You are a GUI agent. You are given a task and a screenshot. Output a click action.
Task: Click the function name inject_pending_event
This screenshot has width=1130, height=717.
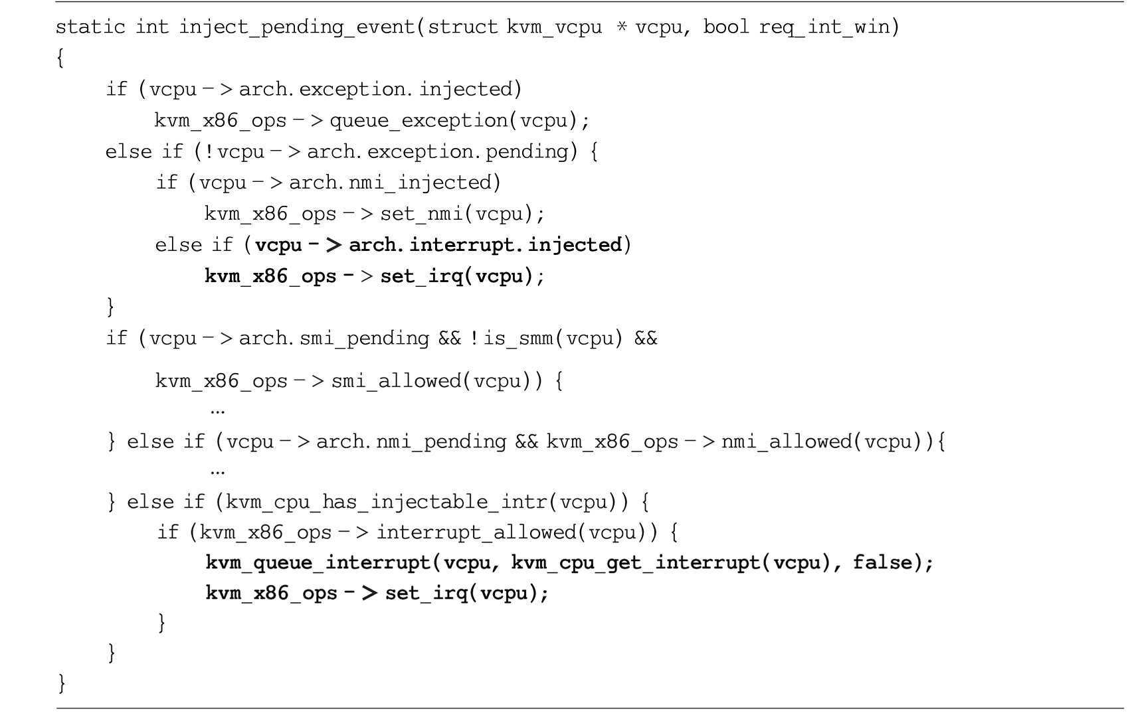(x=298, y=27)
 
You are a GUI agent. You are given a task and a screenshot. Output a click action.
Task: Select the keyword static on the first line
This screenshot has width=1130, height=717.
(x=90, y=27)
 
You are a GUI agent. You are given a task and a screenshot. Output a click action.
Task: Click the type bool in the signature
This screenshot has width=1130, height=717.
(x=726, y=26)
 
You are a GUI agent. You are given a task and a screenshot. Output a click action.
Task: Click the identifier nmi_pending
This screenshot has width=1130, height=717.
(x=441, y=442)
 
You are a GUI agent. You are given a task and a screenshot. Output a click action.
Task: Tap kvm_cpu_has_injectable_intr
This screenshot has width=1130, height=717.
(x=387, y=503)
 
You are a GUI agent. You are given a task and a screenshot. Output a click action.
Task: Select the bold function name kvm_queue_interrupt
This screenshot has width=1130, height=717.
(x=318, y=563)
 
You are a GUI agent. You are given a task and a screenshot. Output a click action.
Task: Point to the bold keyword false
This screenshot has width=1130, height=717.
(x=884, y=562)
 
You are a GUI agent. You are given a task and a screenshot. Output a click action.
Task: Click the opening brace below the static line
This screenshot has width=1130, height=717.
(x=60, y=58)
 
